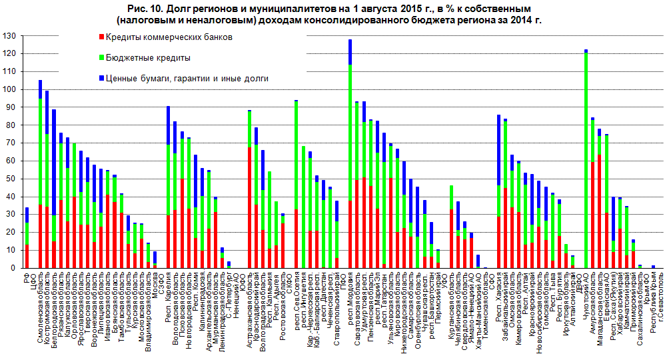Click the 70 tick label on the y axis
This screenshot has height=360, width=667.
tap(11, 143)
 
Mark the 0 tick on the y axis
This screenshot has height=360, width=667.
tap(14, 268)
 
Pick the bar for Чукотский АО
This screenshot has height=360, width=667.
tap(585, 160)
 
